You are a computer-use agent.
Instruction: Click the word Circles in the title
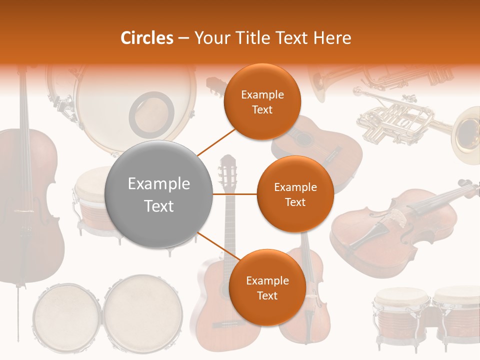pos(147,38)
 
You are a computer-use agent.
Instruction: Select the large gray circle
pos(159,194)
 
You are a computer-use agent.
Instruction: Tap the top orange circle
pos(262,102)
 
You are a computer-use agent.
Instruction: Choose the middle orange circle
pos(295,194)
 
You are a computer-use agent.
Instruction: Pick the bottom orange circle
pos(267,288)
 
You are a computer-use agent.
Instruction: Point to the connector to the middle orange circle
pos(235,194)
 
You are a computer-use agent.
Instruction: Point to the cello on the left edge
pos(27,200)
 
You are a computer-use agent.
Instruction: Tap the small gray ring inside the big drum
pos(151,113)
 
